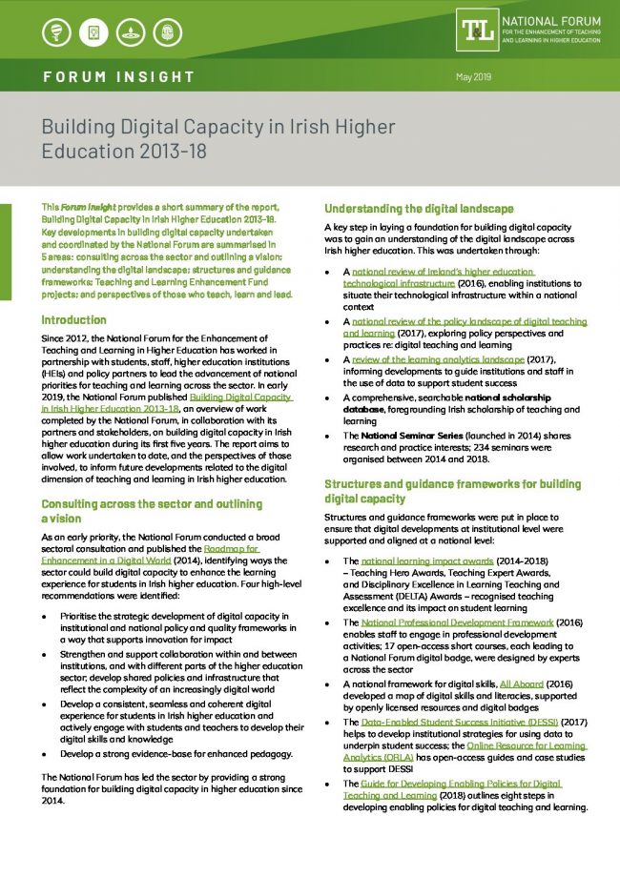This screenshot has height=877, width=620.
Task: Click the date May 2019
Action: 473,75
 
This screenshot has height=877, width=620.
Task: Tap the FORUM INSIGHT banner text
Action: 119,76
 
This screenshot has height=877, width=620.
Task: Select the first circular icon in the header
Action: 56,34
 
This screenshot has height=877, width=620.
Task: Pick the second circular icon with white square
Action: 93,34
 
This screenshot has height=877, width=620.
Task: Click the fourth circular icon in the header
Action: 168,34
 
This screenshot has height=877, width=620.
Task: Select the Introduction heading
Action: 74,320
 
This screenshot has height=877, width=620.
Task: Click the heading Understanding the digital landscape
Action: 419,208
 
